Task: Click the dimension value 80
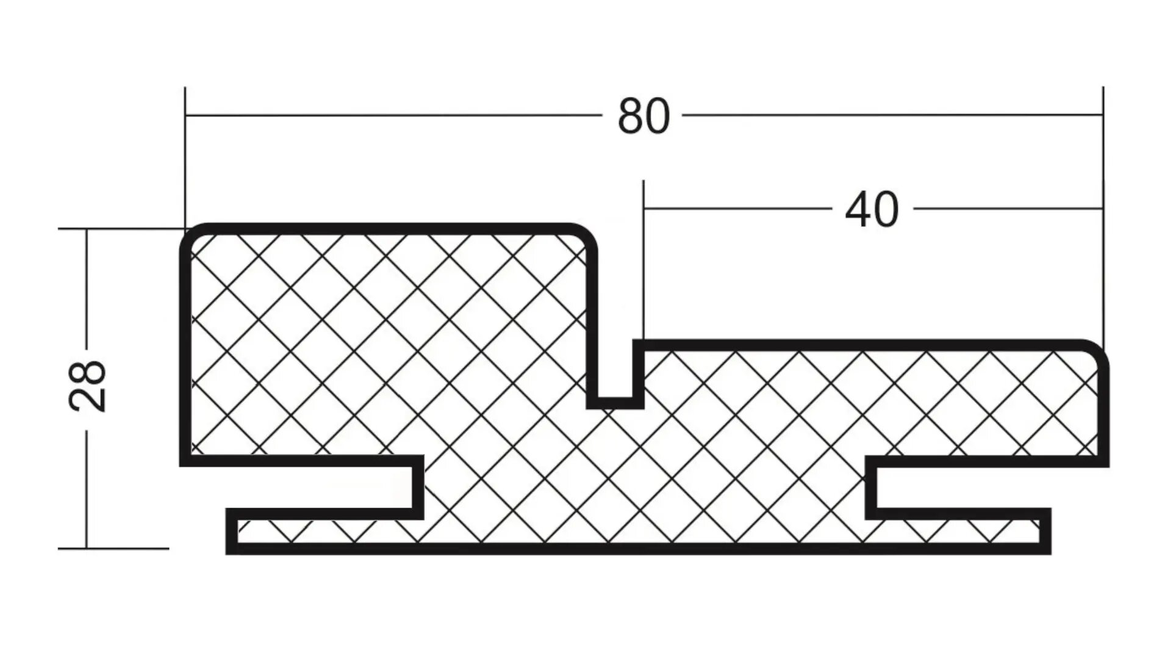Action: [x=644, y=117]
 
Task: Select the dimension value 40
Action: [x=872, y=210]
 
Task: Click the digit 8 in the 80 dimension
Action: [x=631, y=117]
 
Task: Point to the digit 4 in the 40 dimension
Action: [x=858, y=210]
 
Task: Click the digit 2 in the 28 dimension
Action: [x=88, y=400]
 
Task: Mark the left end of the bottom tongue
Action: [x=232, y=531]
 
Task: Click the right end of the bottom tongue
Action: [x=1045, y=531]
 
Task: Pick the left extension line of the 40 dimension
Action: [x=644, y=256]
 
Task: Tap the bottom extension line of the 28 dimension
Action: [x=113, y=549]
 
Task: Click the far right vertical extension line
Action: [x=1103, y=214]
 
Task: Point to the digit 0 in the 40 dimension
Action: [x=886, y=210]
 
